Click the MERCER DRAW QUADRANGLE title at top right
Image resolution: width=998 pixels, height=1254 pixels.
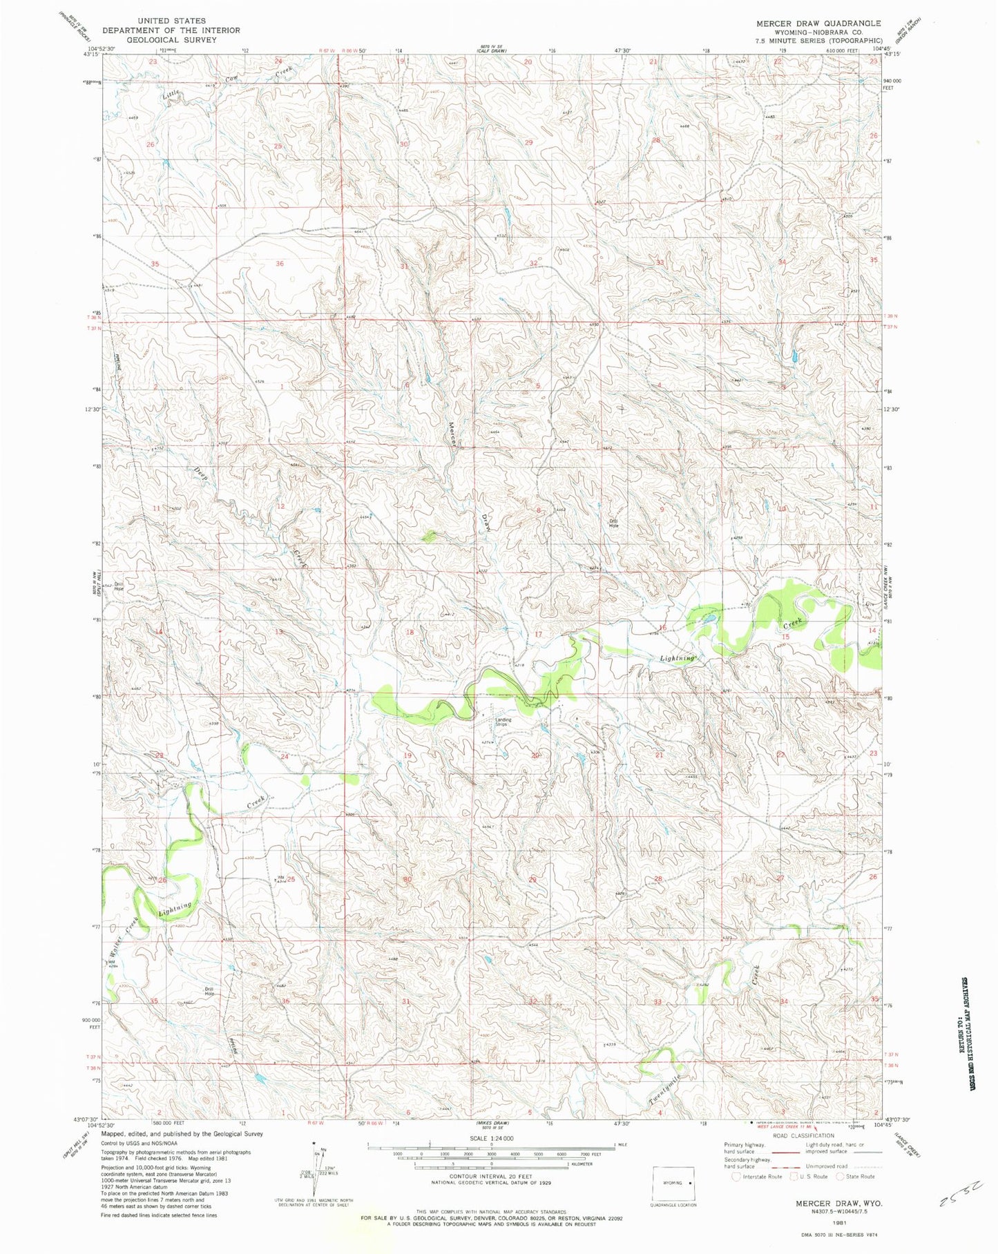click(818, 23)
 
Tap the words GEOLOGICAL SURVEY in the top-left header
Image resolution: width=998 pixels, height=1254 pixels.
click(171, 39)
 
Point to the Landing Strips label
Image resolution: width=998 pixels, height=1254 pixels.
click(502, 722)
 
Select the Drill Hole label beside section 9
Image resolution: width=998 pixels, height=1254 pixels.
click(613, 523)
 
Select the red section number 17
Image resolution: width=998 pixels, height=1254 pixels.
click(539, 633)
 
